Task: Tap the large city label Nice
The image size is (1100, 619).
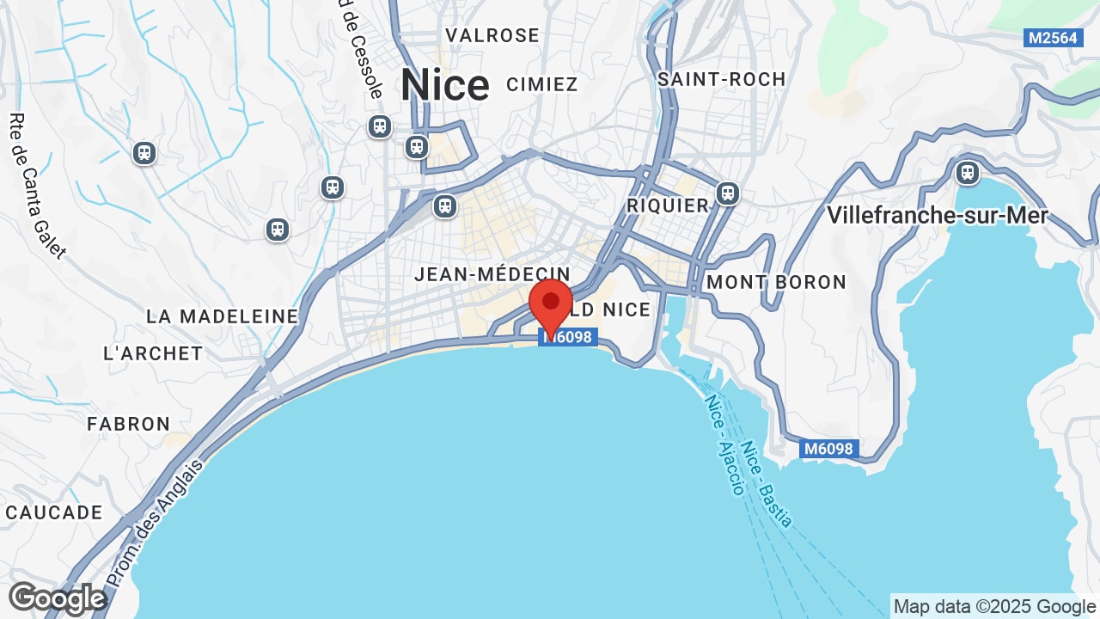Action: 445,85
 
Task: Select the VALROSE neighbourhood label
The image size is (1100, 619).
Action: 492,35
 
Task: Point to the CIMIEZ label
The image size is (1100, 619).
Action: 542,84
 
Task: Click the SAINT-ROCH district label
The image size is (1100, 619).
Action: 722,79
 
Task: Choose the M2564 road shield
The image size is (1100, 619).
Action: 1053,38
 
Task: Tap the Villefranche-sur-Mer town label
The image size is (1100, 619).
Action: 938,215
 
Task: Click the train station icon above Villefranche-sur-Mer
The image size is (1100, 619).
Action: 968,173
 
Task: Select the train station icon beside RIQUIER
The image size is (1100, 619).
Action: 728,193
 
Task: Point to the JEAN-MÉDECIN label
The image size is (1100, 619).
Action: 492,274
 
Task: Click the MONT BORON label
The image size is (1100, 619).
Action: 776,282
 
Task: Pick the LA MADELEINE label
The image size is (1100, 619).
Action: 222,316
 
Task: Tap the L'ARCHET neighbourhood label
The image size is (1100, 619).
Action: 153,353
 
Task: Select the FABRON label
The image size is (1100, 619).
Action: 129,424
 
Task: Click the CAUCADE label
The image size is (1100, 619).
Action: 54,512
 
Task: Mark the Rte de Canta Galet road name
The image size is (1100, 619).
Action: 36,186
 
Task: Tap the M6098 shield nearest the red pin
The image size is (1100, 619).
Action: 569,337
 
